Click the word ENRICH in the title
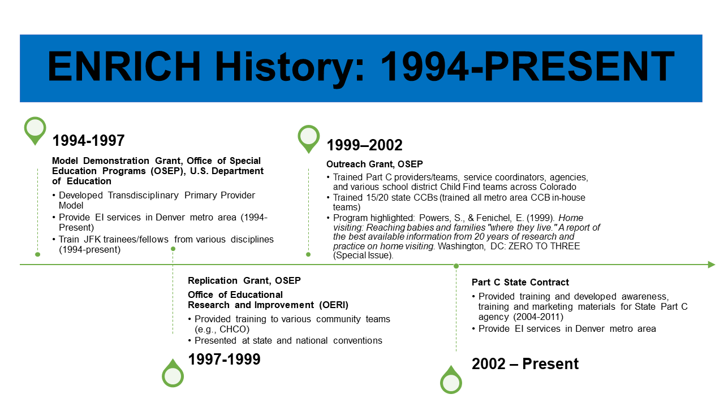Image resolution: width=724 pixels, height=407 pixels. [124, 66]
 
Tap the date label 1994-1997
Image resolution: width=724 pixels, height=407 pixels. [89, 141]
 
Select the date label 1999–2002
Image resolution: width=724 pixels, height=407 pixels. [365, 145]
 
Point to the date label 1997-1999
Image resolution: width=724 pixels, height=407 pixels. [225, 359]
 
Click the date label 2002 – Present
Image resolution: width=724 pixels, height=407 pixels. [525, 363]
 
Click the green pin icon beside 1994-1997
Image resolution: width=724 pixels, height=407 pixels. [35, 131]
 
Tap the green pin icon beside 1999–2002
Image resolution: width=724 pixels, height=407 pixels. [309, 139]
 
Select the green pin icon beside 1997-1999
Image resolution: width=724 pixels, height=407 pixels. [173, 373]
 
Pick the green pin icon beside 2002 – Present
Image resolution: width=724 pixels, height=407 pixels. [451, 380]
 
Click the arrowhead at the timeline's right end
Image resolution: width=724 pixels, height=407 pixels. [712, 265]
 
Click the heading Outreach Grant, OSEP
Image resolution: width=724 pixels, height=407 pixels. [374, 164]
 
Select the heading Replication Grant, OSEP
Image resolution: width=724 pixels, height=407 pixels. [244, 280]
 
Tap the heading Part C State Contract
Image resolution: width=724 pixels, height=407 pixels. [520, 282]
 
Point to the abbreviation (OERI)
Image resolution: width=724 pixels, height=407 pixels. [334, 305]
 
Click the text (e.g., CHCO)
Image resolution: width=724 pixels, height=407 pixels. [222, 329]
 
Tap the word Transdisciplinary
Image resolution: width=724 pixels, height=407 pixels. [143, 196]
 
